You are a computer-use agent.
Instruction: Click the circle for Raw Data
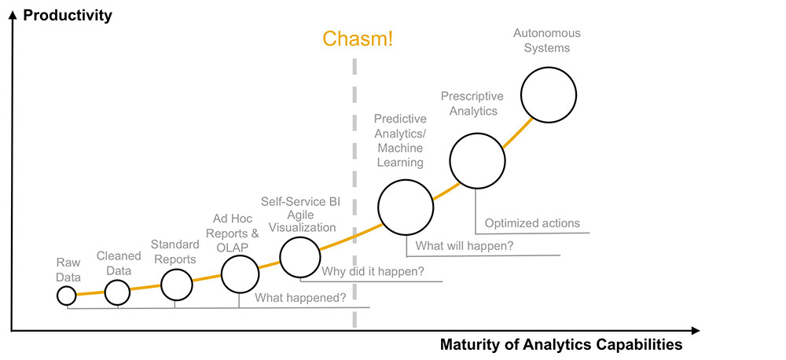(x=66, y=296)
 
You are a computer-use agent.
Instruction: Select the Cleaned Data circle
(x=117, y=292)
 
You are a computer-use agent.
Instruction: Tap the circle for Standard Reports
(x=176, y=285)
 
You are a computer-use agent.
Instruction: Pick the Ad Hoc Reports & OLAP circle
(x=240, y=274)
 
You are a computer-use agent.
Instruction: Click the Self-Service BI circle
(x=300, y=256)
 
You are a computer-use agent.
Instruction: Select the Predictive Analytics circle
(x=405, y=208)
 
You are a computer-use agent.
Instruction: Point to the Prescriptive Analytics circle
(x=476, y=160)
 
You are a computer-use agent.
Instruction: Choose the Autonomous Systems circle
(x=549, y=94)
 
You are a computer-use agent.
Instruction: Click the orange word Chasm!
(x=358, y=39)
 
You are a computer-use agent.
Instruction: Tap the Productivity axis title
(x=68, y=15)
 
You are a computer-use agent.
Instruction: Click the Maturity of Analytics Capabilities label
(x=561, y=344)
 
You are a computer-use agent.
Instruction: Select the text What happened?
(x=301, y=298)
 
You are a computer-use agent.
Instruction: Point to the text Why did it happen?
(x=373, y=272)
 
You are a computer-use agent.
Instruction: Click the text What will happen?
(x=465, y=246)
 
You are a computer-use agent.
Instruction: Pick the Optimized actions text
(x=532, y=223)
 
